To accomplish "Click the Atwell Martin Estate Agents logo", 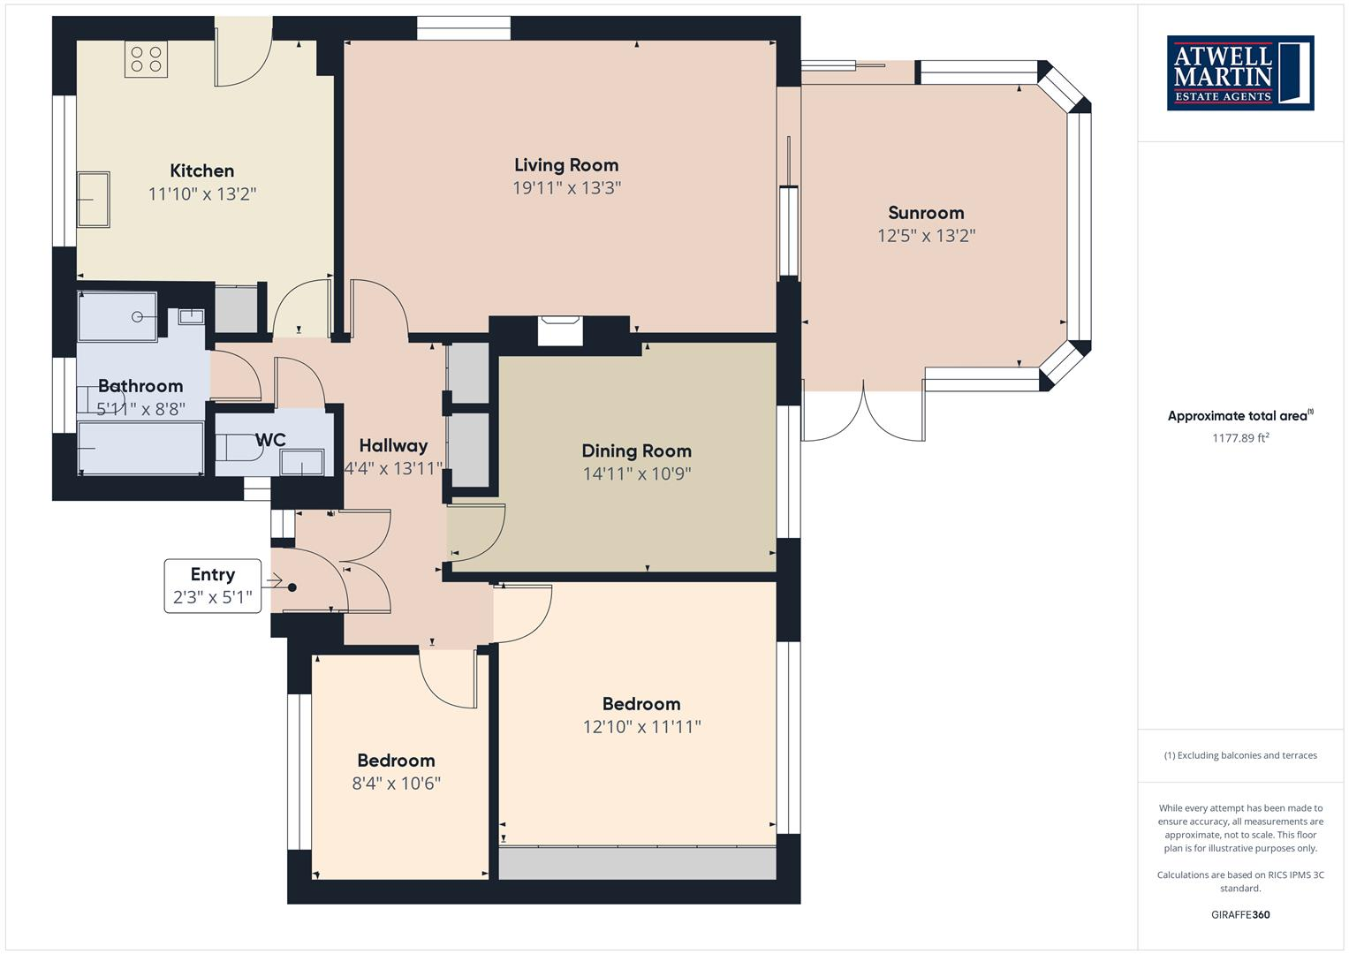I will click(x=1240, y=73).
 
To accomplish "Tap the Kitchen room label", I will click(x=202, y=170).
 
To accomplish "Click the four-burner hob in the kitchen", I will click(x=146, y=59).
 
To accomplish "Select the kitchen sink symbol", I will click(x=94, y=200).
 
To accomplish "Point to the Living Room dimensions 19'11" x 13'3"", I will click(x=566, y=188).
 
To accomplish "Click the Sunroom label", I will click(x=926, y=213).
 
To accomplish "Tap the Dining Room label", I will click(x=636, y=450).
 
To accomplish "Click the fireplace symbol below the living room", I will click(x=560, y=331).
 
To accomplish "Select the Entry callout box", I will click(x=213, y=586).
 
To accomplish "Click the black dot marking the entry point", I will click(x=292, y=587).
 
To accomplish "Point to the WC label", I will click(x=270, y=440).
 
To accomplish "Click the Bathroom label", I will click(x=140, y=386).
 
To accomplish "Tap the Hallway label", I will click(x=393, y=446).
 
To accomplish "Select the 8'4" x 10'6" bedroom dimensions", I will click(x=396, y=784).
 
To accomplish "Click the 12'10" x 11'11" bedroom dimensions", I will click(x=641, y=727).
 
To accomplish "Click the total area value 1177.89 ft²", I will click(x=1240, y=437).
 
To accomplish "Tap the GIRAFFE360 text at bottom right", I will click(x=1240, y=914).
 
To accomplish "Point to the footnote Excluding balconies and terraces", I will click(x=1240, y=755).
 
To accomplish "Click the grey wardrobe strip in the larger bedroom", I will click(x=637, y=863).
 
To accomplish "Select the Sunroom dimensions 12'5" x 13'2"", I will click(x=926, y=236).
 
